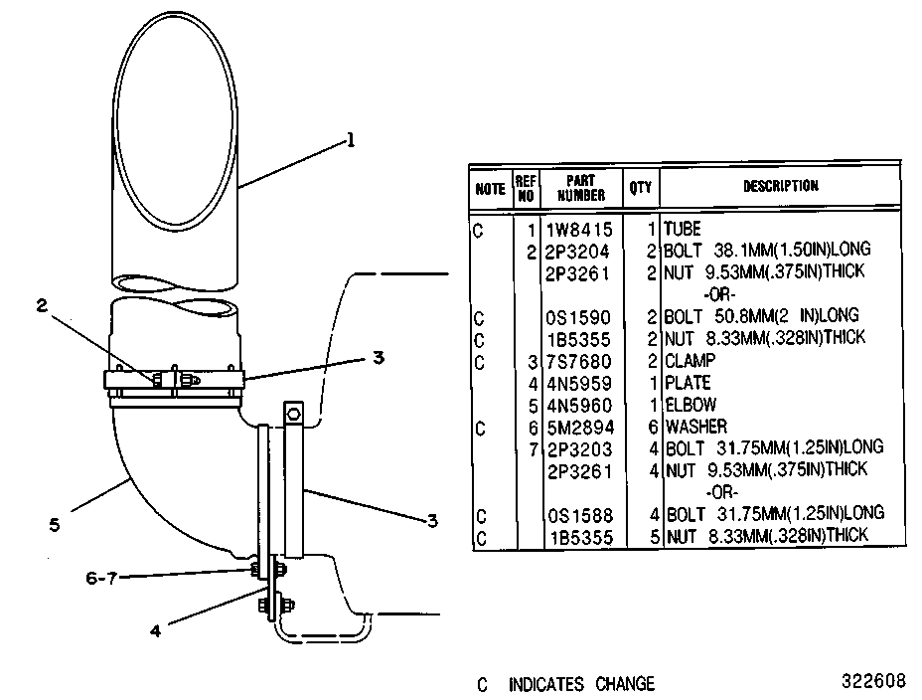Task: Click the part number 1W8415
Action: (580, 230)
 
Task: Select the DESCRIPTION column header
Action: (780, 186)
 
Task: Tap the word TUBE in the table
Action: (683, 229)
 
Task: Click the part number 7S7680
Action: (579, 362)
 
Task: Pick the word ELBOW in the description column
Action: (691, 405)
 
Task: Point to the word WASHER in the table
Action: (696, 427)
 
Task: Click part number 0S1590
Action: (578, 317)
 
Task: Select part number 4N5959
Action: (580, 384)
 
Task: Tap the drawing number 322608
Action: (873, 681)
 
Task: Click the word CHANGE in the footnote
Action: (625, 684)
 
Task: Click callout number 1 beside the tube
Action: (351, 140)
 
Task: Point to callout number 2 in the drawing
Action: (42, 306)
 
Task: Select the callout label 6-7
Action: (101, 578)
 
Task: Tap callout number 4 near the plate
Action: (155, 631)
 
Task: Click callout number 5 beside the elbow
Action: (55, 525)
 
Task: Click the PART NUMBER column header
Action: (581, 188)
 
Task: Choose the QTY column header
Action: (641, 188)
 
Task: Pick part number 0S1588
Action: (580, 516)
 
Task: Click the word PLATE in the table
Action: (688, 383)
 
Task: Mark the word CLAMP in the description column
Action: (691, 361)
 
